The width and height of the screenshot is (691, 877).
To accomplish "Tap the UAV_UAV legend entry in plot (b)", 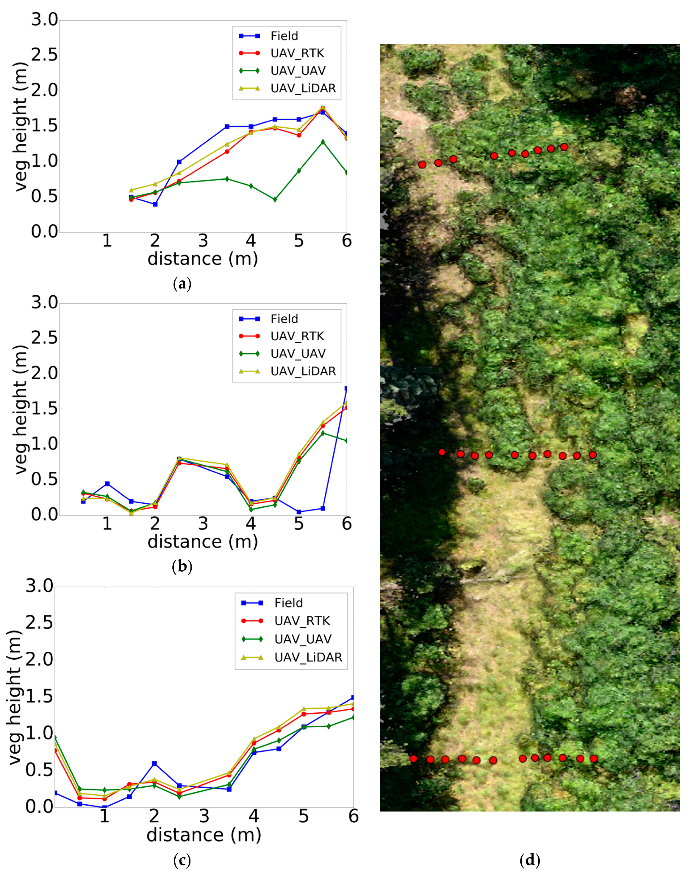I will [298, 354].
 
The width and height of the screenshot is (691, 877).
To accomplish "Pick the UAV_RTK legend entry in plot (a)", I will [297, 53].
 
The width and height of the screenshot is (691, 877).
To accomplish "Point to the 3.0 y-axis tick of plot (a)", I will [45, 20].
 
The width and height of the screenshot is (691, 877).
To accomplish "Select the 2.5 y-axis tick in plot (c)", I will [39, 623].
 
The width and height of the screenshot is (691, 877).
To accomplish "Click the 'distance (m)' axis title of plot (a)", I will [203, 259].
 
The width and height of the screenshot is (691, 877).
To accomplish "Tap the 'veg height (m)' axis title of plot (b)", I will [20, 410].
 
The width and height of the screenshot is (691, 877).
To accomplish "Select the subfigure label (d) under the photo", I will [530, 860].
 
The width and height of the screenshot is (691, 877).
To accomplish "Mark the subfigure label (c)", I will [182, 860].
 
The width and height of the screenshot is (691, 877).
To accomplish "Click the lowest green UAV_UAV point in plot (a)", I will [275, 199].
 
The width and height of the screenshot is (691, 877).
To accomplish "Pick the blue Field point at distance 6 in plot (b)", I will [346, 388].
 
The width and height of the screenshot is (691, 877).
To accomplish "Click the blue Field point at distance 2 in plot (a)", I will [155, 205].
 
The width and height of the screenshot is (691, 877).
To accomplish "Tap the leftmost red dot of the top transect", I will [422, 164].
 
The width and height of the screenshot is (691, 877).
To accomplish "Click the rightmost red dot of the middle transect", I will [593, 455].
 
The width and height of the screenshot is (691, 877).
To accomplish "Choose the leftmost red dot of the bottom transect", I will [413, 759].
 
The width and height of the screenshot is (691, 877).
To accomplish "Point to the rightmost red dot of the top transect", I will [564, 147].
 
